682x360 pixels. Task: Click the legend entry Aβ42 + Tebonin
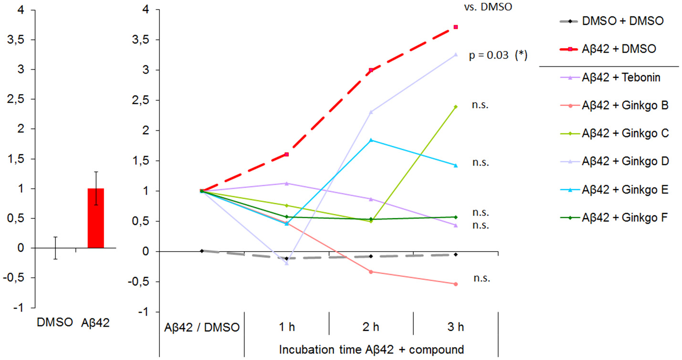pyautogui.click(x=621, y=77)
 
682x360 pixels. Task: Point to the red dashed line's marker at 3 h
pyautogui.click(x=456, y=27)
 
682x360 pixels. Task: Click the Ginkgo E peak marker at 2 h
pyautogui.click(x=371, y=140)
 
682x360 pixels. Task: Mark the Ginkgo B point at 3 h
pyautogui.click(x=456, y=284)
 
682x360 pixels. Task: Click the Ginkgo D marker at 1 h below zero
pyautogui.click(x=286, y=263)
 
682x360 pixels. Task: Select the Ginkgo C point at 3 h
pyautogui.click(x=456, y=107)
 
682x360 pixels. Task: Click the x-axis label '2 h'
pyautogui.click(x=371, y=327)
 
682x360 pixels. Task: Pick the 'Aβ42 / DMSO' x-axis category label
pyautogui.click(x=202, y=327)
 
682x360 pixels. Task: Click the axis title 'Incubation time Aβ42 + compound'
pyautogui.click(x=371, y=349)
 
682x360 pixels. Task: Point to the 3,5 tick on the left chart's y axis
pyautogui.click(x=11, y=39)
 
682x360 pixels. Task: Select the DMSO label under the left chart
pyautogui.click(x=55, y=323)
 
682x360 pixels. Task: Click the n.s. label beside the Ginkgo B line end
pyautogui.click(x=481, y=277)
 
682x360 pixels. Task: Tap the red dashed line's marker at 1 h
pyautogui.click(x=286, y=154)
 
